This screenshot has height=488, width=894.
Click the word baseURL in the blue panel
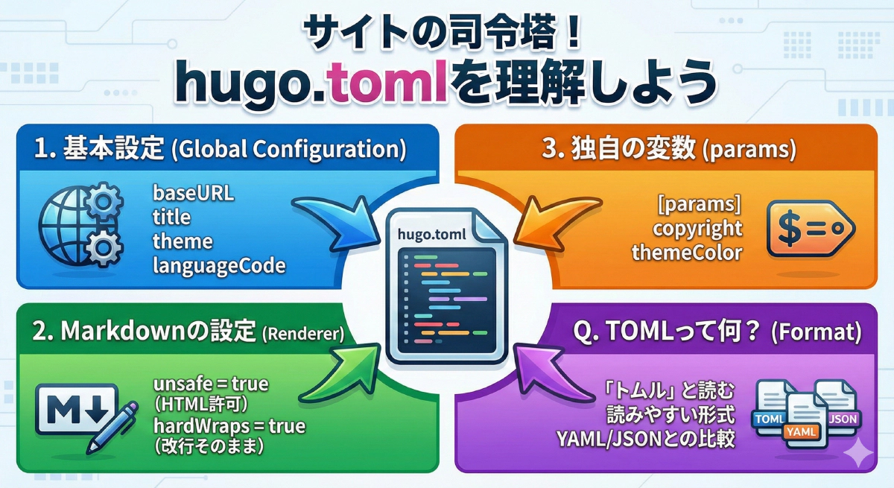(193, 193)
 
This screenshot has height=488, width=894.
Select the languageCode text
(219, 265)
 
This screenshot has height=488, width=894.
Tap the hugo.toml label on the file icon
(432, 234)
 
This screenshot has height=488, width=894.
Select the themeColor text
(686, 252)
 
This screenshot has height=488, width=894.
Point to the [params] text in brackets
(699, 203)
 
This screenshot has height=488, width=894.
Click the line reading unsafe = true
(210, 384)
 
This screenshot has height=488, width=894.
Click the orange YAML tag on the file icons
(800, 431)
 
